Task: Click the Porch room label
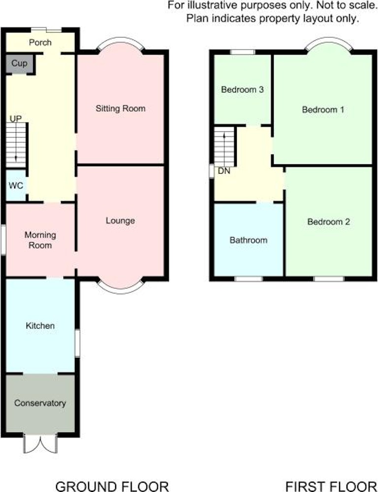pyautogui.click(x=40, y=43)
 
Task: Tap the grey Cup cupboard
pyautogui.click(x=19, y=63)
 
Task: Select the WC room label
pyautogui.click(x=16, y=186)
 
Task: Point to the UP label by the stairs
pyautogui.click(x=16, y=119)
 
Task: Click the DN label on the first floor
pyautogui.click(x=224, y=171)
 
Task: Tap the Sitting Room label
pyautogui.click(x=121, y=109)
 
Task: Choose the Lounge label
pyautogui.click(x=120, y=220)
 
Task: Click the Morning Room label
pyautogui.click(x=40, y=240)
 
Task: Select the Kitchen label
pyautogui.click(x=40, y=326)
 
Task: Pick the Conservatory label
pyautogui.click(x=40, y=403)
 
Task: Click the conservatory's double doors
pyautogui.click(x=40, y=444)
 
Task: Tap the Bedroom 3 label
pyautogui.click(x=242, y=90)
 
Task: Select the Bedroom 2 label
pyautogui.click(x=328, y=222)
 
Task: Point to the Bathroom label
pyautogui.click(x=249, y=241)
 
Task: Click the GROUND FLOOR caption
pyautogui.click(x=112, y=487)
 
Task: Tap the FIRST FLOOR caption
pyautogui.click(x=331, y=487)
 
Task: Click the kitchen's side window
pyautogui.click(x=77, y=342)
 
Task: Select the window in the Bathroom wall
pyautogui.click(x=249, y=278)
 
